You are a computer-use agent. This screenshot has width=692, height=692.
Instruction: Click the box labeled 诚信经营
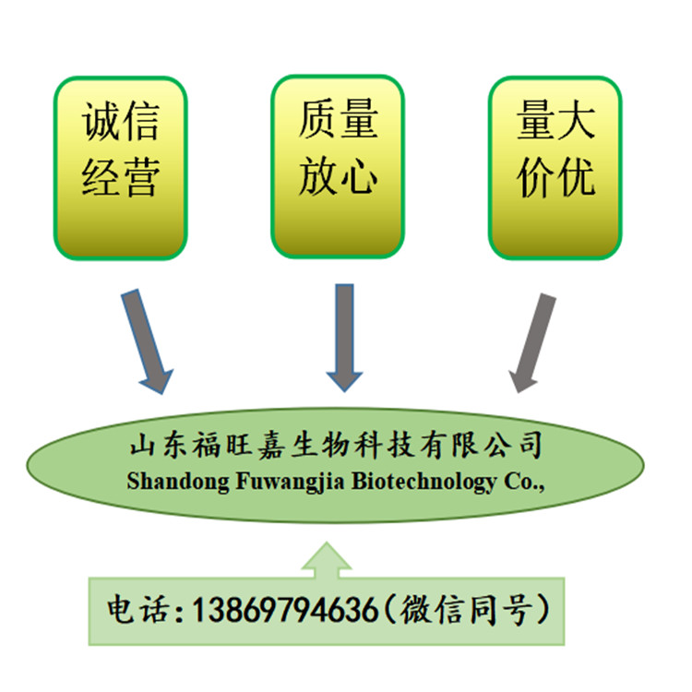tap(120, 166)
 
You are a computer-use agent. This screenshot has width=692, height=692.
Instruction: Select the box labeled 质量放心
tap(338, 166)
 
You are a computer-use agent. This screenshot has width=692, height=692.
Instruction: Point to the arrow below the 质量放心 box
tap(344, 337)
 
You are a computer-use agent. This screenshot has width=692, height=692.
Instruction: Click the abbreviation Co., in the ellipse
tap(524, 482)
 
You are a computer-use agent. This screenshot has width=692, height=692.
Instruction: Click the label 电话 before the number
tap(133, 610)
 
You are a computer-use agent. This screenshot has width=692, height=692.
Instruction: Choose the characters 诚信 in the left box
tap(120, 124)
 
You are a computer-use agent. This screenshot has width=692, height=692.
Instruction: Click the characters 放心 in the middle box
tap(338, 175)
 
